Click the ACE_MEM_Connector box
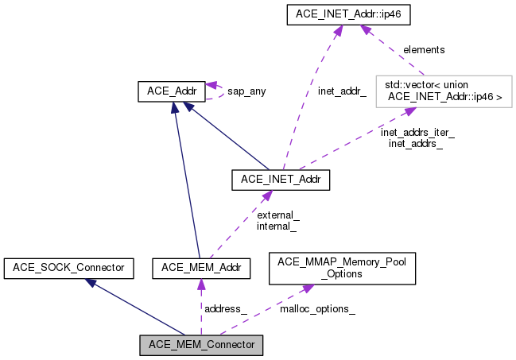200,345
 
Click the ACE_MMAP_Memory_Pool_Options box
343,269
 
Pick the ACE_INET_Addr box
280,180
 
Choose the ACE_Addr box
172,91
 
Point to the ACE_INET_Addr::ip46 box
351,14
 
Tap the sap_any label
246,91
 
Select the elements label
424,49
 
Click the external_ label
277,215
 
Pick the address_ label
226,308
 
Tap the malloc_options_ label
317,308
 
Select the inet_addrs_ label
415,144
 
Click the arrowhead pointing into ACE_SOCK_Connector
93,283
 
